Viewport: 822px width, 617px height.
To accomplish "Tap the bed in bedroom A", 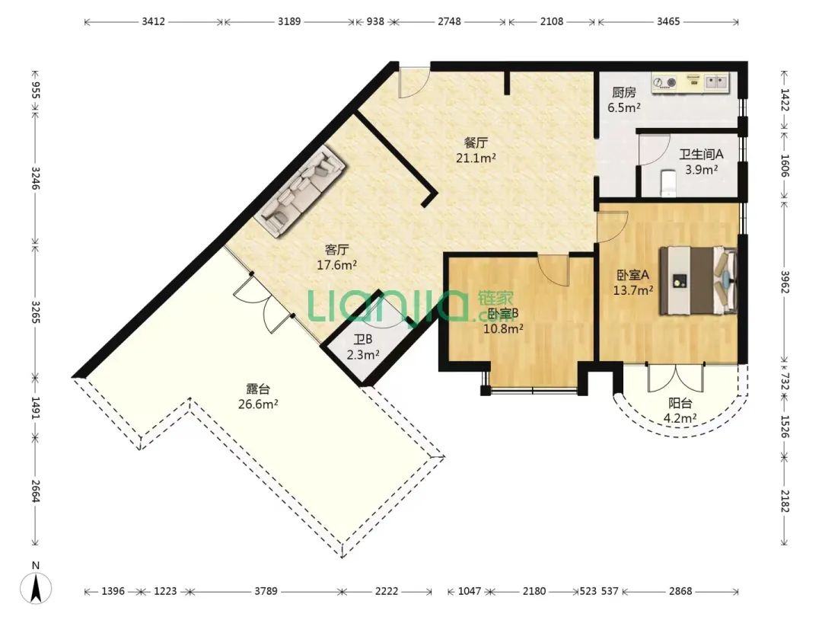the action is click(698, 280).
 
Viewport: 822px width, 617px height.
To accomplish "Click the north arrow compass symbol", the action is click(36, 584).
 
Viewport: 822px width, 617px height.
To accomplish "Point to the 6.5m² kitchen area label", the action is click(624, 108).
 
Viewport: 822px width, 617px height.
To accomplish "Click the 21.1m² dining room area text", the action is click(476, 158).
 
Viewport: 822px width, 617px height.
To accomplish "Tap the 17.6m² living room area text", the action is click(336, 265).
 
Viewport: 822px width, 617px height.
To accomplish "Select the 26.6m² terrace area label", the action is click(258, 404).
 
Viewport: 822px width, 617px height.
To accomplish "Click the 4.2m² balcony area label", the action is click(680, 418).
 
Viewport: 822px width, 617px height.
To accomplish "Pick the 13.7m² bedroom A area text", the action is click(633, 289).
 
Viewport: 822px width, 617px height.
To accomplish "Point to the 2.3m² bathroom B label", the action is click(363, 355).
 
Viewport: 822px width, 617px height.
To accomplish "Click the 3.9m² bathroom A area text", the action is click(702, 169).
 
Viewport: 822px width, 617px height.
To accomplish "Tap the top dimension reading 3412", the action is click(154, 21).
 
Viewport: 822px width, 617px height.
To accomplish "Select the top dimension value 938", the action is click(374, 21).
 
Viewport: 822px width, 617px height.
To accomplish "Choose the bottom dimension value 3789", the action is click(266, 591).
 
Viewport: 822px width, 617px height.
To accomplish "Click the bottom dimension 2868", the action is click(680, 591).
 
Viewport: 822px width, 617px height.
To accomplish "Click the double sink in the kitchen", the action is click(717, 82).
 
